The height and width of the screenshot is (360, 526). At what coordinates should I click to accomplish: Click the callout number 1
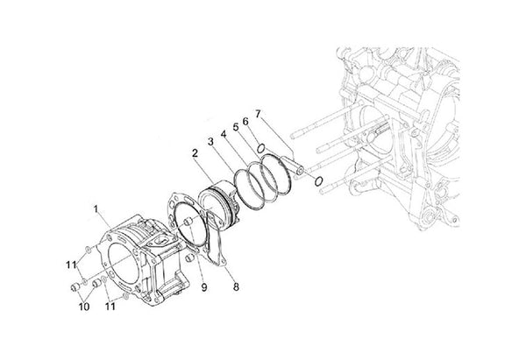[x=96, y=209]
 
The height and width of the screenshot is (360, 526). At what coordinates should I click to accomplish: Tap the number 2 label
[x=195, y=153]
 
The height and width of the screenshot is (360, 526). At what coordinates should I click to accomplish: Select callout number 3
[x=210, y=142]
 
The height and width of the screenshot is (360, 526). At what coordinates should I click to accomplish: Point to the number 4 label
[x=224, y=134]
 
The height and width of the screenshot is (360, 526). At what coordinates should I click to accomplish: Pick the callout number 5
[x=236, y=127]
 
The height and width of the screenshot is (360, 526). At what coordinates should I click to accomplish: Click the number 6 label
[x=245, y=122]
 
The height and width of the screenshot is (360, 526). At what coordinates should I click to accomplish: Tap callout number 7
[x=258, y=114]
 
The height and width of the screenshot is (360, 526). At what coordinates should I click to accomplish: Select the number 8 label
[x=236, y=287]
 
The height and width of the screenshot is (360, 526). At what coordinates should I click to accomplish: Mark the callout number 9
[x=204, y=287]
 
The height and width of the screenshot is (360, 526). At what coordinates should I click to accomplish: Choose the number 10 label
[x=84, y=307]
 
